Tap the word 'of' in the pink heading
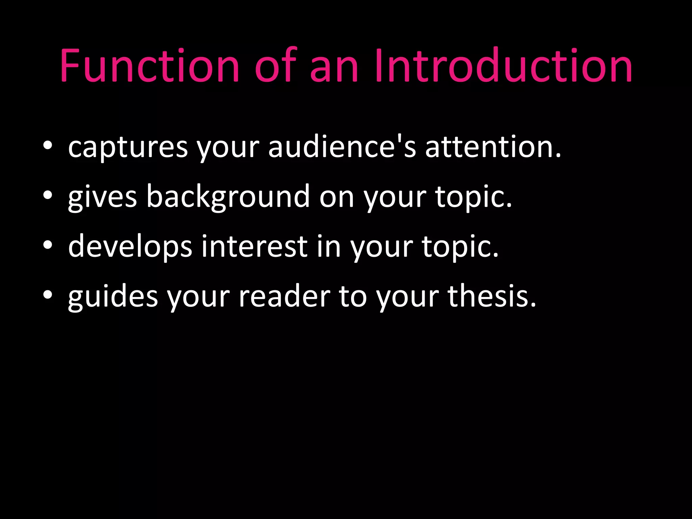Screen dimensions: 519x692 click(275, 66)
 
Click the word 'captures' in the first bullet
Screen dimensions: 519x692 click(128, 148)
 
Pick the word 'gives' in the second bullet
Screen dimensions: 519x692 click(102, 197)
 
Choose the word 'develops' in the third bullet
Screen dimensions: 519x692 click(130, 247)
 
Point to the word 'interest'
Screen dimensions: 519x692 click(254, 246)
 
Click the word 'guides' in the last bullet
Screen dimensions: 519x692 click(113, 296)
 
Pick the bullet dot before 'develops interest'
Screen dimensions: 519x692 click(48, 245)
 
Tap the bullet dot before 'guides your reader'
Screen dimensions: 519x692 click(48, 294)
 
